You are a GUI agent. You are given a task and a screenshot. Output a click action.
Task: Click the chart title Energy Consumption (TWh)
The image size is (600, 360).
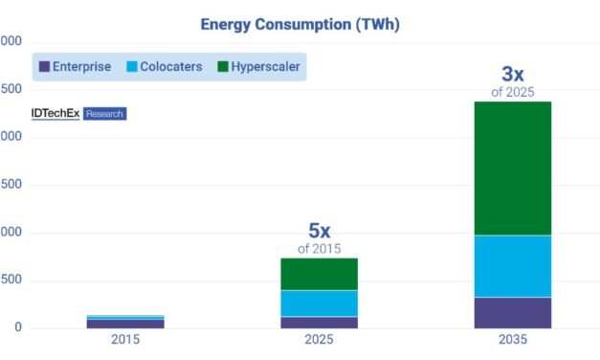300,25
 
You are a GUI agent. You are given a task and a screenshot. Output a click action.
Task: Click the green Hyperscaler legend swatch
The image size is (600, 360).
223,67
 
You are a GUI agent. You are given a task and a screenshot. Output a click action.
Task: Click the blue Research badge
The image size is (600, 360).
104,113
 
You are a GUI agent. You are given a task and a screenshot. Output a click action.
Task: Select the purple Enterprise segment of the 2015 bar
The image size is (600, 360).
125,324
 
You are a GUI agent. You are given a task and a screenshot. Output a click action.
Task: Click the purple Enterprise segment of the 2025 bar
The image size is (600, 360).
319,323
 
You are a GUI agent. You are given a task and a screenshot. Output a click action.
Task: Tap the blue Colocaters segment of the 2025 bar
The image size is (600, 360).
319,304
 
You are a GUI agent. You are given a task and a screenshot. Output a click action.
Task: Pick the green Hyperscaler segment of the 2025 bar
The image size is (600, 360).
319,274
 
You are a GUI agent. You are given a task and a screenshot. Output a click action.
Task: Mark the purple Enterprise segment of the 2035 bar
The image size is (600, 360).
512,313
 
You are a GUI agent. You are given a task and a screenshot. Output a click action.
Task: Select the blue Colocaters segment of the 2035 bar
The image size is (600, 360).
512,266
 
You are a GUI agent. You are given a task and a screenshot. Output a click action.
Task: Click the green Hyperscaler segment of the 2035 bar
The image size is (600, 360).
512,168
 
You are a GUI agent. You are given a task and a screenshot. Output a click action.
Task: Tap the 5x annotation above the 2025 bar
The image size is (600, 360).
319,231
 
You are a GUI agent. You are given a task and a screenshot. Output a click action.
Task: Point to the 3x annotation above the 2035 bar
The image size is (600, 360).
512,74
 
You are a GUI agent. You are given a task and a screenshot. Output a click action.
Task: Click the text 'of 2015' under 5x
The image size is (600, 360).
319,249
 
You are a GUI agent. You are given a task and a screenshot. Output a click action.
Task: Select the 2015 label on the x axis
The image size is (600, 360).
125,341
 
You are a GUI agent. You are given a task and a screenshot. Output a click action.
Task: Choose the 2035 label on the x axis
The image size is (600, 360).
512,341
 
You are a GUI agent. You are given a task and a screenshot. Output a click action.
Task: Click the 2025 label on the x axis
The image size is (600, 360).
319,341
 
